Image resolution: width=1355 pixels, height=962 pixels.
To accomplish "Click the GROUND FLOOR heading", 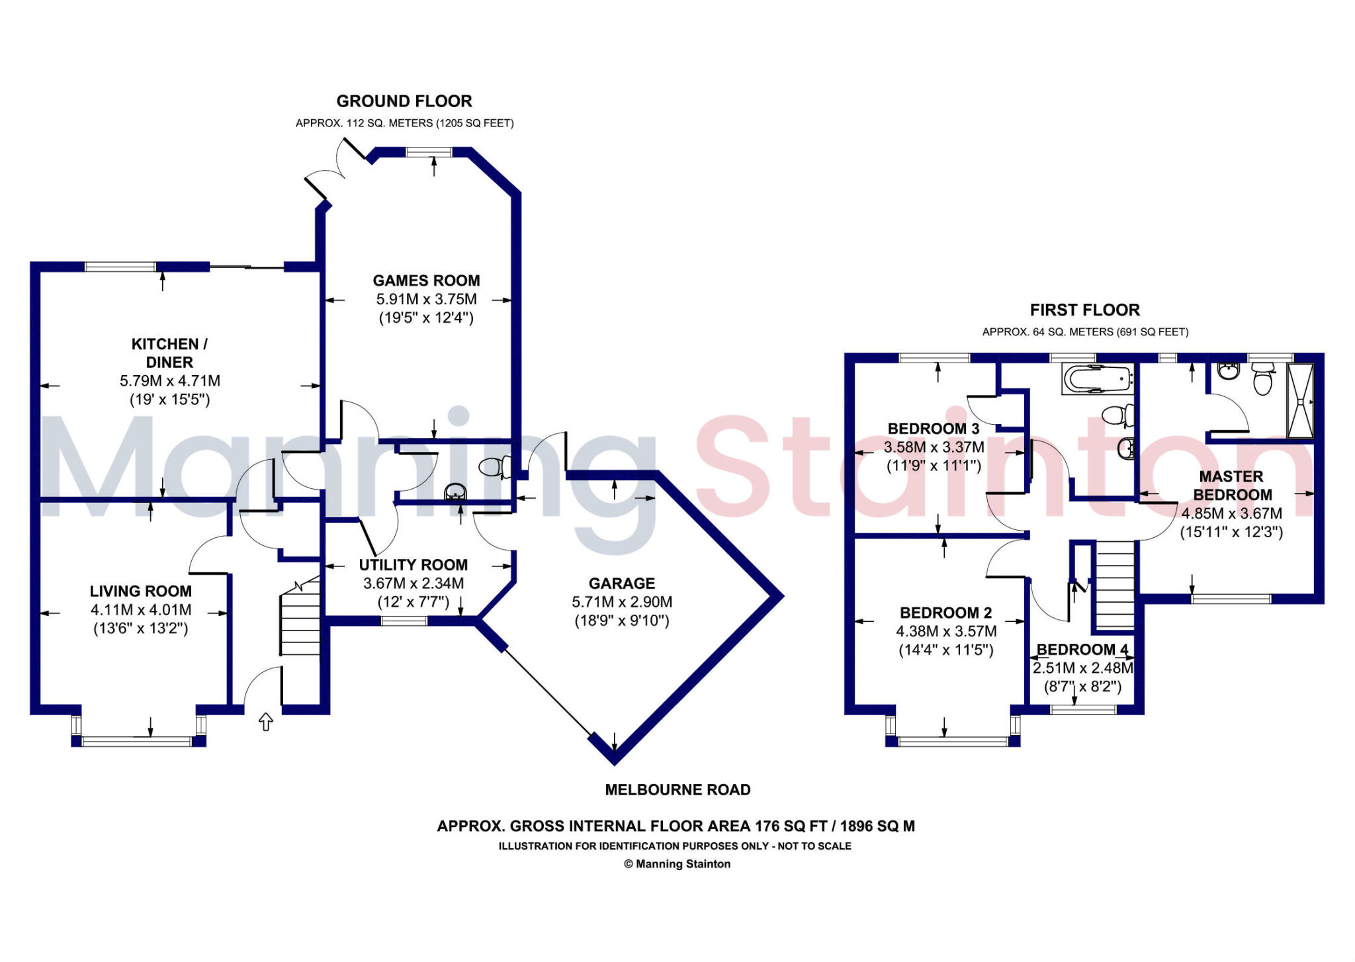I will click(404, 101).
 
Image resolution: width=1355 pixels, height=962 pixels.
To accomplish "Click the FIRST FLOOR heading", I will click(1084, 310).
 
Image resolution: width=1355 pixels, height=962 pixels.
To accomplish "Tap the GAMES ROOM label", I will click(426, 281).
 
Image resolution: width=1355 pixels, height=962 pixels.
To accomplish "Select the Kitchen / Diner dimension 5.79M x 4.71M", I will click(170, 381).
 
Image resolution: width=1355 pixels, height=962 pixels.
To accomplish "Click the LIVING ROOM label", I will click(141, 591).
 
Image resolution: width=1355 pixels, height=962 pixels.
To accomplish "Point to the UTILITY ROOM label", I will click(413, 565).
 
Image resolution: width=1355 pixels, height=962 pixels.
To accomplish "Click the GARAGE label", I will click(621, 584).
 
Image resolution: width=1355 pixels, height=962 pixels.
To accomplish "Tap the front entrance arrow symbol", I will click(265, 722).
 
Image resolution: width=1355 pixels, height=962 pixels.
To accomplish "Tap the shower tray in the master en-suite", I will click(1299, 400).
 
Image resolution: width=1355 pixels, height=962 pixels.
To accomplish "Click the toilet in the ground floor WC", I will click(494, 467).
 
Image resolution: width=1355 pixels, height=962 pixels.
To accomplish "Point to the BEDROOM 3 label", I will click(933, 429).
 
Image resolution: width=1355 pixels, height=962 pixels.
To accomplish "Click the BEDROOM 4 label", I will click(1082, 650).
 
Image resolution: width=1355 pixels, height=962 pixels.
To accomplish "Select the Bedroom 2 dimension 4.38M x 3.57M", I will click(945, 632).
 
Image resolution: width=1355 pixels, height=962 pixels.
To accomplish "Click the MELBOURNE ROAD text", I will click(677, 790).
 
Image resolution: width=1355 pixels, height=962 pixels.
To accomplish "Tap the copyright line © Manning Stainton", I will click(677, 864).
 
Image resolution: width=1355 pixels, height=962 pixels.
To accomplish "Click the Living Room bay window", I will click(139, 742).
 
